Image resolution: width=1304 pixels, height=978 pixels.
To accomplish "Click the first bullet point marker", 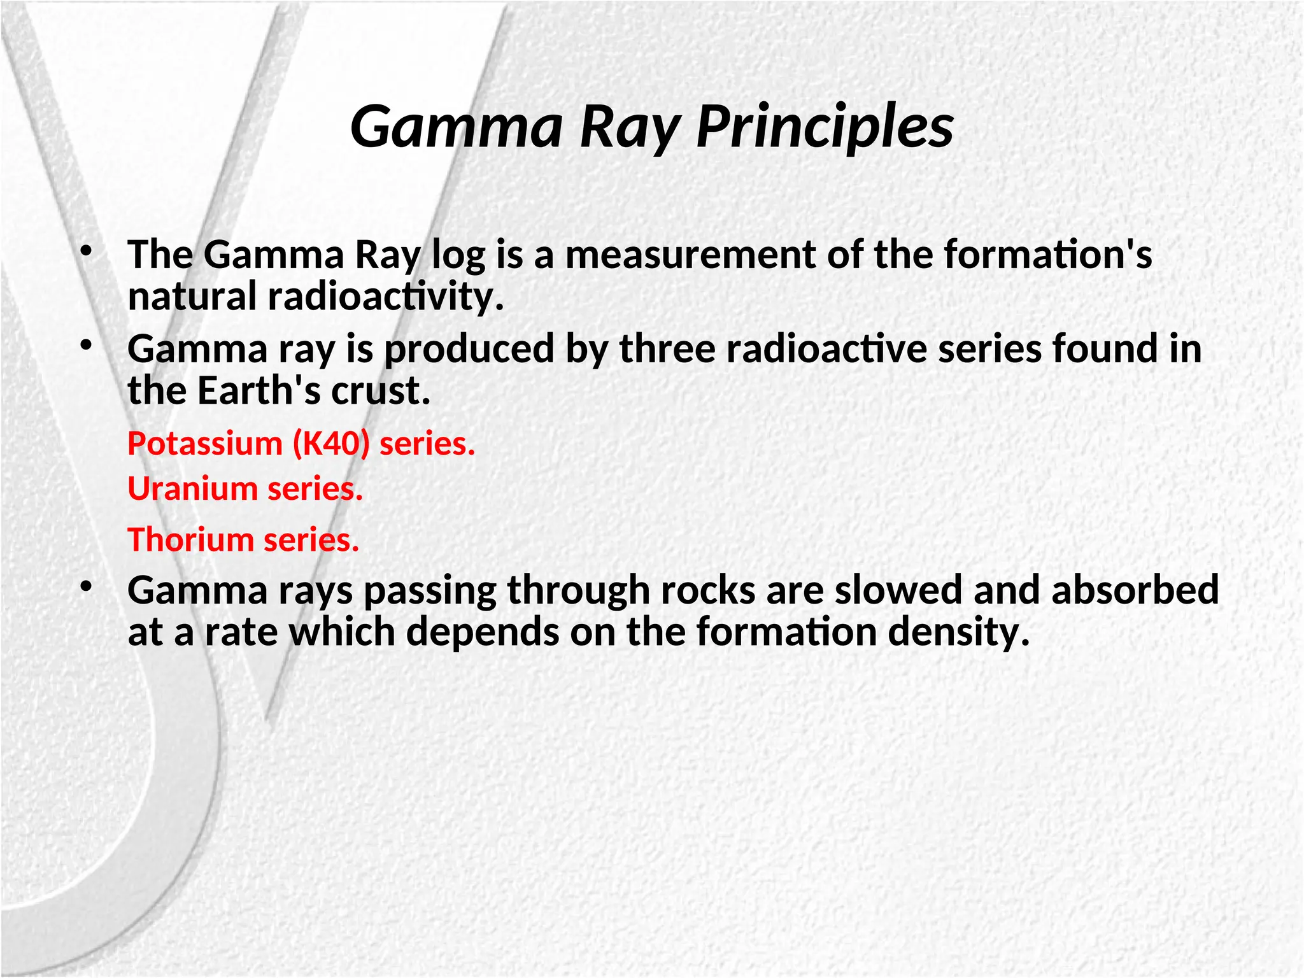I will click(86, 250).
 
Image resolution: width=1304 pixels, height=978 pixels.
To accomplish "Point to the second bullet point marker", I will click(86, 345).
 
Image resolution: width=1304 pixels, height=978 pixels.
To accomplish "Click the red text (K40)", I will click(331, 443).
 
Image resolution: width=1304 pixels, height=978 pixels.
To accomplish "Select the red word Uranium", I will click(192, 489).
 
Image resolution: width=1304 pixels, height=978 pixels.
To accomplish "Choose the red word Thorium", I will click(191, 540).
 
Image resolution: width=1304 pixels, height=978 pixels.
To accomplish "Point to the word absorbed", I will click(1135, 590).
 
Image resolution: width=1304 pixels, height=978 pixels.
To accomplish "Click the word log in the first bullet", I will click(458, 255).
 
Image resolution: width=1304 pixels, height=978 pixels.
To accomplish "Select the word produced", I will click(470, 349).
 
